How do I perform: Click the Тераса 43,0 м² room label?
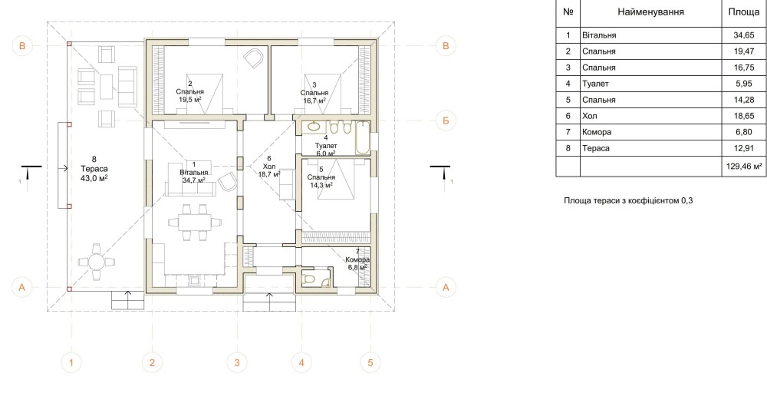pyautogui.click(x=94, y=169)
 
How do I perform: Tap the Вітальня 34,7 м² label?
pyautogui.click(x=194, y=172)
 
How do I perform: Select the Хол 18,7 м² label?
pyautogui.click(x=269, y=167)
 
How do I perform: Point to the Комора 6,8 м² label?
pyautogui.click(x=357, y=259)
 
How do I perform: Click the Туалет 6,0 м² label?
pyautogui.click(x=326, y=146)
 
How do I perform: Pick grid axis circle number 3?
pyautogui.click(x=237, y=362)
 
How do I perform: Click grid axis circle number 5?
pyautogui.click(x=370, y=362)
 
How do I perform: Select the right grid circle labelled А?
pyautogui.click(x=446, y=287)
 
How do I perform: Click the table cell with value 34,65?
pyautogui.click(x=743, y=35)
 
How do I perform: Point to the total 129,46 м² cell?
pyautogui.click(x=743, y=167)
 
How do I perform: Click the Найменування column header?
pyautogui.click(x=650, y=12)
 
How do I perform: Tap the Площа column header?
pyautogui.click(x=743, y=12)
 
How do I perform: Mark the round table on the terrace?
pyautogui.click(x=97, y=262)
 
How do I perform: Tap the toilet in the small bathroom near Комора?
pyautogui.click(x=309, y=279)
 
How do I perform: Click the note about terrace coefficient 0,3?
pyautogui.click(x=628, y=200)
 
